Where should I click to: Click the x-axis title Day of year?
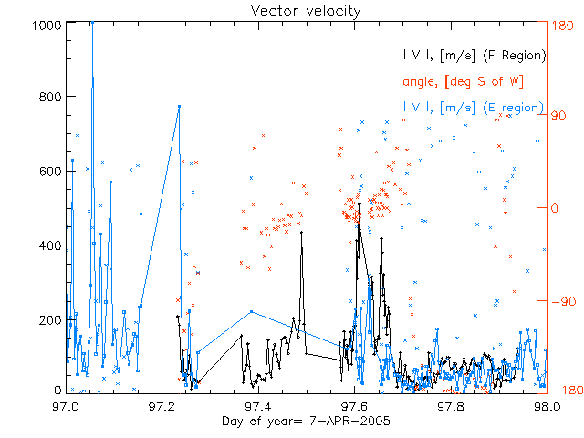[305, 421]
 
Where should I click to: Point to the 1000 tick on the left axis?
[46, 25]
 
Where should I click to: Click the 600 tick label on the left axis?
[49, 171]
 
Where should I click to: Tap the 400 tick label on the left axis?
[49, 245]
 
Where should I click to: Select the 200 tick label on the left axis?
[49, 318]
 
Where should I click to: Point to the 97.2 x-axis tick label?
[163, 405]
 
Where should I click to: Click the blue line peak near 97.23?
[179, 106]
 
